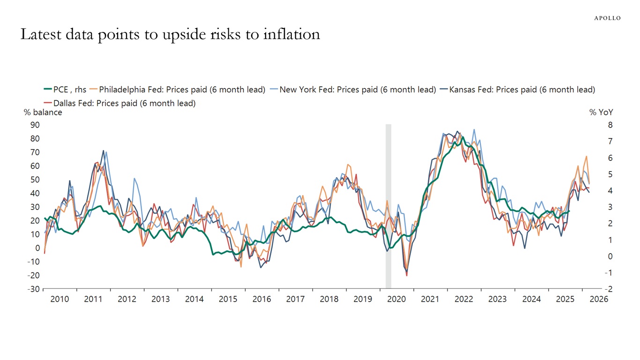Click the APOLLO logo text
(607, 18)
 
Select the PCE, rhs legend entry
(65, 90)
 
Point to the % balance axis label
(43, 112)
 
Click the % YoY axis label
(601, 112)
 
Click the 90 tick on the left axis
(35, 125)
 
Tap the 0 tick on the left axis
(37, 248)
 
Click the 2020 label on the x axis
(396, 299)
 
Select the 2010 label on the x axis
(60, 299)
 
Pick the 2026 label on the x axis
(598, 299)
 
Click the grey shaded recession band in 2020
(388, 206)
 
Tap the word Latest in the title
(42, 34)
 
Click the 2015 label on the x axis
(228, 299)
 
